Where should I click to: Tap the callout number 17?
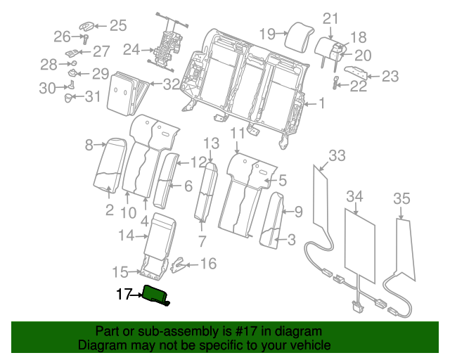point(124,295)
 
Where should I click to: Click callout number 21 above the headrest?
point(330,18)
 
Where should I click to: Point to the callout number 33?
point(337,155)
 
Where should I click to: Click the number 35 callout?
point(401,199)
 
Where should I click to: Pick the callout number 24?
point(131,50)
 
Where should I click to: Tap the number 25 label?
point(117,26)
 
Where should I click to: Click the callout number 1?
point(321,105)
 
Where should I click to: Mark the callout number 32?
point(172,84)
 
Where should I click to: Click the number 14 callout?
point(126,236)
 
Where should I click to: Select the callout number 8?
point(89,146)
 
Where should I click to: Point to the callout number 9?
point(298,210)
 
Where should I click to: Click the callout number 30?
point(47,88)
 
